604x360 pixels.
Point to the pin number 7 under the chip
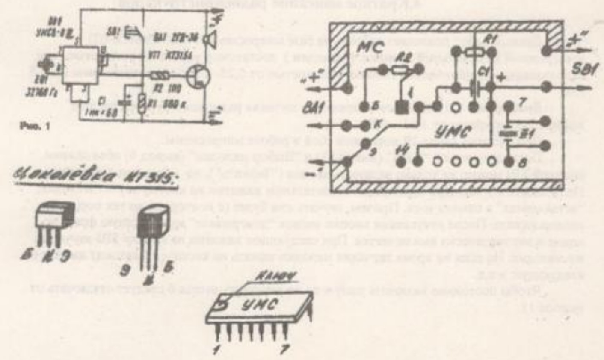pos(284,349)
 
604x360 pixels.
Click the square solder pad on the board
pos(400,107)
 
